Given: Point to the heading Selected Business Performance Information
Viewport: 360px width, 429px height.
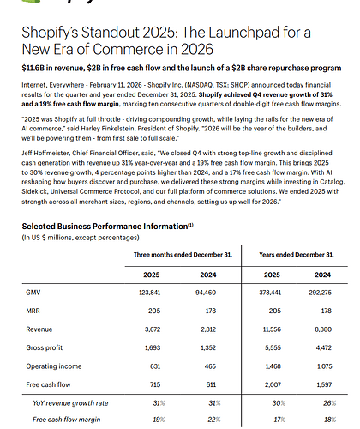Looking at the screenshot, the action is [x=105, y=227].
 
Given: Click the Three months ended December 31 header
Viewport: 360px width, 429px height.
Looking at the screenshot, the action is [x=183, y=255].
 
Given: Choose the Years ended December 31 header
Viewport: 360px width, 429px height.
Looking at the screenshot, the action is [x=297, y=255].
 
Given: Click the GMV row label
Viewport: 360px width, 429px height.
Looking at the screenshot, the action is [x=33, y=293].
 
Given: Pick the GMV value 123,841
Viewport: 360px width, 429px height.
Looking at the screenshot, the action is [x=149, y=293].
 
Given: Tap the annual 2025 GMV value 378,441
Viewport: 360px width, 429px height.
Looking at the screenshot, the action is [x=270, y=293].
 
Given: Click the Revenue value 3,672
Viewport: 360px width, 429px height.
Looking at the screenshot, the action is [x=153, y=329].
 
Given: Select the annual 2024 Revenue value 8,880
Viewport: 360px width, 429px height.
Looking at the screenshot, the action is [x=323, y=329].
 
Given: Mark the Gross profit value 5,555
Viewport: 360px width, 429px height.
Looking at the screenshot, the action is [x=273, y=347].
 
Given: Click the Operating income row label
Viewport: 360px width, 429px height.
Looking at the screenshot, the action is [x=54, y=366].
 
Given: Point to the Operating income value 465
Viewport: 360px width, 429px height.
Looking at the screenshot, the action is [x=210, y=366].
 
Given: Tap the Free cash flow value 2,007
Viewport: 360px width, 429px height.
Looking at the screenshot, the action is [x=273, y=384].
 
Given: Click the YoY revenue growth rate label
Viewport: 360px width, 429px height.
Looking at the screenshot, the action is [x=70, y=403].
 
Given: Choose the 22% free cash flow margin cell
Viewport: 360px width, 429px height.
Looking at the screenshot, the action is [x=214, y=420].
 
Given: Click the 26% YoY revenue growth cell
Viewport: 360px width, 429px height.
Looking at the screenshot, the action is [x=329, y=403].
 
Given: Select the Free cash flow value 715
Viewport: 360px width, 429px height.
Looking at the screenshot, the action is [x=155, y=384].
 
